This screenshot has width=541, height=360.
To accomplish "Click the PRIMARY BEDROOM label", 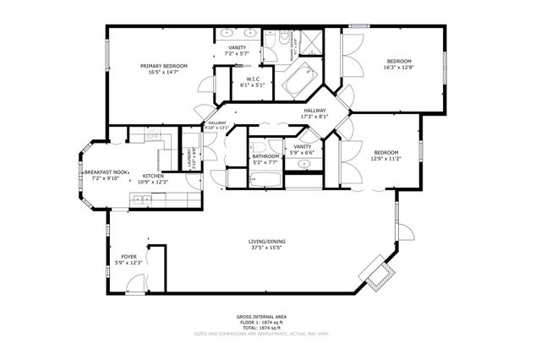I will pyautogui.click(x=164, y=66).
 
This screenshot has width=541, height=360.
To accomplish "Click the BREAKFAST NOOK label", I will pyautogui.click(x=106, y=172).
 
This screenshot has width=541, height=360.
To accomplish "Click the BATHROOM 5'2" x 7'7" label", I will pyautogui.click(x=266, y=156).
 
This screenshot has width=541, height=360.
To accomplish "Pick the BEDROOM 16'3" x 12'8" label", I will pyautogui.click(x=399, y=62).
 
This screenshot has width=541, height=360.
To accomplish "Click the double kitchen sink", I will pyautogui.click(x=141, y=199).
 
